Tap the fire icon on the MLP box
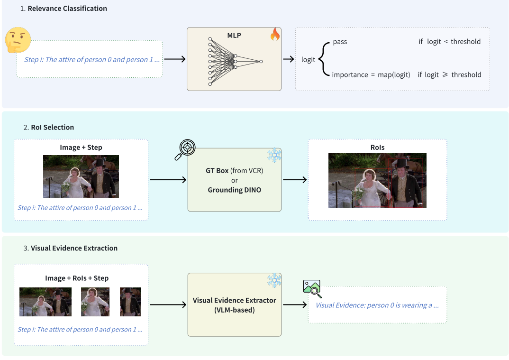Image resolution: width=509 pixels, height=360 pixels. pos(275,34)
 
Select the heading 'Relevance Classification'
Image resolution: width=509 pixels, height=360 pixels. pos(67,9)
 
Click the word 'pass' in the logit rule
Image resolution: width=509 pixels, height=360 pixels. pos(340,42)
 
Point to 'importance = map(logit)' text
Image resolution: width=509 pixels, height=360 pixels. pos(371,74)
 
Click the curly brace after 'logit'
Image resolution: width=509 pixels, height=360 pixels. pos(323,59)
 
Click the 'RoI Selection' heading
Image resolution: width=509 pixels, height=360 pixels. pos(52,127)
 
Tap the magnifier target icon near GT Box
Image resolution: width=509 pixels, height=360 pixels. pos(185,149)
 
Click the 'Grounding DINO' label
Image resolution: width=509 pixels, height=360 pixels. pos(234,190)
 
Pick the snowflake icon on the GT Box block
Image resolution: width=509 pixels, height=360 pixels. pos(274,154)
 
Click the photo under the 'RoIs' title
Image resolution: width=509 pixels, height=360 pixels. pos(377,181)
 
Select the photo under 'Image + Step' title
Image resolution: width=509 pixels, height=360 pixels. pos(81,176)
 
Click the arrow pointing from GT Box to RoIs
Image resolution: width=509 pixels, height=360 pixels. pos(294,180)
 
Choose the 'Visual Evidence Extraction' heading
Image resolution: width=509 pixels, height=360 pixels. pos(74,248)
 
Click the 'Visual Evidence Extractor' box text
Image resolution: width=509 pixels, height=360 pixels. pos(234,301)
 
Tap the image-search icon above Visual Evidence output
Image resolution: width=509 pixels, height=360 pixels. pos(312,288)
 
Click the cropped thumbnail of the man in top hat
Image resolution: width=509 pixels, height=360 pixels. pos(130,302)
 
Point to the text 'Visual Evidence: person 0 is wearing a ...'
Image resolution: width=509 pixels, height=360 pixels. pos(377,305)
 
